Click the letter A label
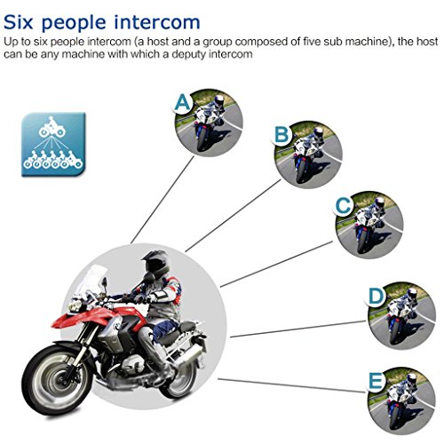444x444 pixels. click(182, 103)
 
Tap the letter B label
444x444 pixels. click(281, 134)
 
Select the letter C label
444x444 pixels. click(344, 205)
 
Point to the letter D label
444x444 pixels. click(376, 297)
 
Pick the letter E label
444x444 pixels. click(376, 381)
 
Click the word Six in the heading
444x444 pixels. click(18, 22)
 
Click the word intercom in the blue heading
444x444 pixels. click(157, 22)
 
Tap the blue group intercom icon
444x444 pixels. click(53, 145)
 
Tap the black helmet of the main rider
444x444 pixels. click(156, 264)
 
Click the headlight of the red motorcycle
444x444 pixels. click(75, 305)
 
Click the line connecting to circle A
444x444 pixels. click(163, 200)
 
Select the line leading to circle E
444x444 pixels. click(291, 385)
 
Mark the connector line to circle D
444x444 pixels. click(298, 329)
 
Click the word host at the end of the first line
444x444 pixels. click(426, 42)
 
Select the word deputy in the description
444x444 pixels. click(188, 55)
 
